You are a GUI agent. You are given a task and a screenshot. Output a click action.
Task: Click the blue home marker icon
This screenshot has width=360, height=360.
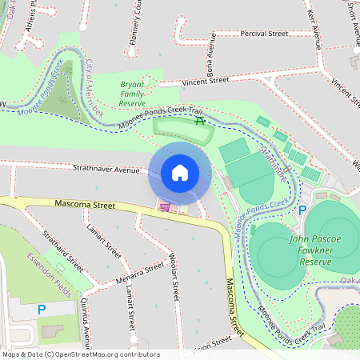pyautogui.click(x=179, y=173)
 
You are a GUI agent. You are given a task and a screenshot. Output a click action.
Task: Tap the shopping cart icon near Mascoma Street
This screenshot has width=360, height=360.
pyautogui.click(x=165, y=207)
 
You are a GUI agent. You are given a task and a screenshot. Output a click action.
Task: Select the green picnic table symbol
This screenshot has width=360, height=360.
pyautogui.click(x=200, y=121)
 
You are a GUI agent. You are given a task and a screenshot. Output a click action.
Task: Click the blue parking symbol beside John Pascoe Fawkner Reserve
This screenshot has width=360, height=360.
pyautogui.click(x=302, y=210)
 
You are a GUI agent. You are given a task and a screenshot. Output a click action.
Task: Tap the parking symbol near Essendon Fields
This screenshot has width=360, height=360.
pyautogui.click(x=42, y=309)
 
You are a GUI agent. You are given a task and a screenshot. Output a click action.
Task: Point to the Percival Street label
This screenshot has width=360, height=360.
pyautogui.click(x=265, y=34)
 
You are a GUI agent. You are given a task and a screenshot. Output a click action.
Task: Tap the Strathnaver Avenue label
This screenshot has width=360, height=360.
pyautogui.click(x=106, y=170)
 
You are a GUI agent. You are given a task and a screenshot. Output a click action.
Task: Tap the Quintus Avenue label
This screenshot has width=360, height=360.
pyautogui.click(x=87, y=306)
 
